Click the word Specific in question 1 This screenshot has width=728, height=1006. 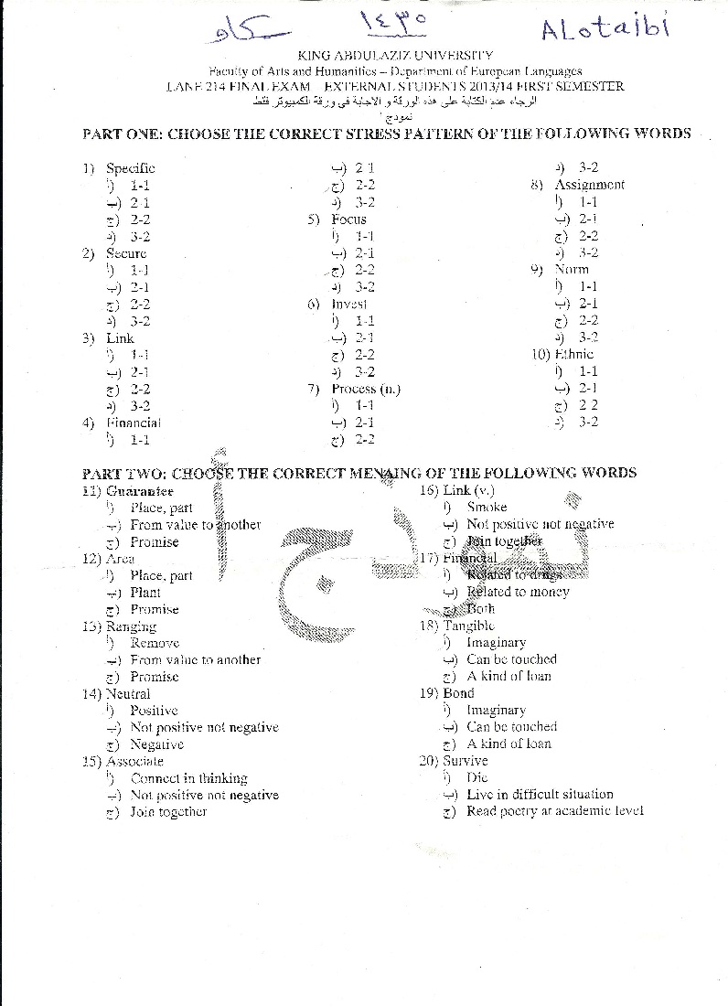coord(131,168)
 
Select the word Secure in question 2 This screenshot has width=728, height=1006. coord(126,253)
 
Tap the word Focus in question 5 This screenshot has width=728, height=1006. coord(348,219)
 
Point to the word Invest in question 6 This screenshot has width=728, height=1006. coord(349,304)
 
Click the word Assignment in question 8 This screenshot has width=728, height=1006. coord(589,185)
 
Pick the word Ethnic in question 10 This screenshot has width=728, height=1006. coord(574,354)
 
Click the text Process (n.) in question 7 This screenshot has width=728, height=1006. coord(366,389)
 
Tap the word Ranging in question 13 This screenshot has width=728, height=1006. coord(131,626)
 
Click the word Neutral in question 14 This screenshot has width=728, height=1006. coord(128,693)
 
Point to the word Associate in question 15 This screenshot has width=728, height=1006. coord(134,761)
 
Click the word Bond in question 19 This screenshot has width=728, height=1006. coord(459,693)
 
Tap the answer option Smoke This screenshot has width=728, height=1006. coord(487,508)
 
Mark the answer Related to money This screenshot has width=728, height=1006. coord(518,593)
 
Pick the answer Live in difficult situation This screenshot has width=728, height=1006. coord(540,795)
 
